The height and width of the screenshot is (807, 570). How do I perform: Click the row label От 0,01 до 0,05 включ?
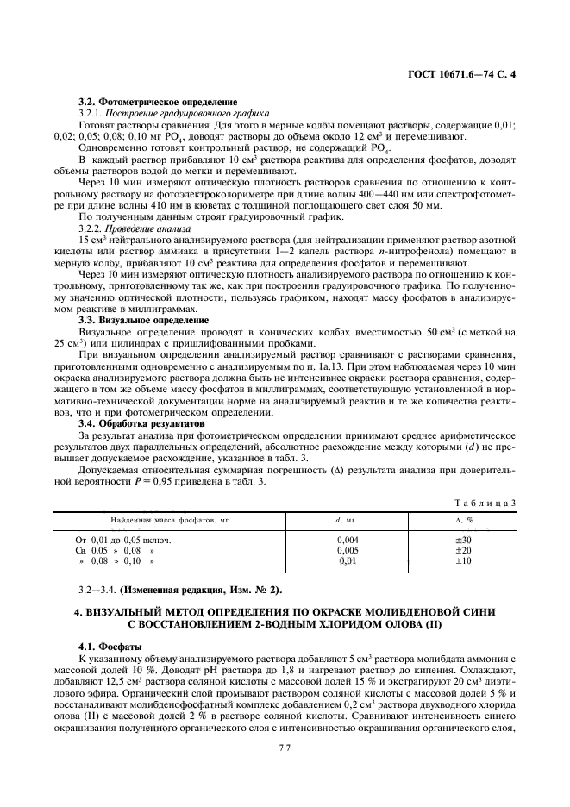point(126,540)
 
